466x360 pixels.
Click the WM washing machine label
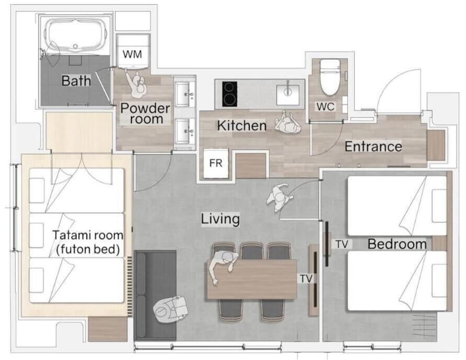132,54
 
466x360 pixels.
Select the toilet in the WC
330,77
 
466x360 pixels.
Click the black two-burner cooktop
230,94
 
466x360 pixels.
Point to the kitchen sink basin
288,95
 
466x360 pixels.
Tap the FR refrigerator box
216,163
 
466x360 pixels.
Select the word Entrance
373,147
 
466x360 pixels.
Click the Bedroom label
397,244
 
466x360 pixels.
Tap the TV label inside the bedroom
342,244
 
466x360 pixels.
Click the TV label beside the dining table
306,278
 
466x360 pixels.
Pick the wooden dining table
252,279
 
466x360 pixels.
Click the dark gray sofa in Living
155,295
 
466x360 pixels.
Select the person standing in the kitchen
288,122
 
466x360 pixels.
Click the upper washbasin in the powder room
185,94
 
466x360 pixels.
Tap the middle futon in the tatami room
76,235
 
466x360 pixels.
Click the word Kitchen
241,126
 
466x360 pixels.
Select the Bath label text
76,81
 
